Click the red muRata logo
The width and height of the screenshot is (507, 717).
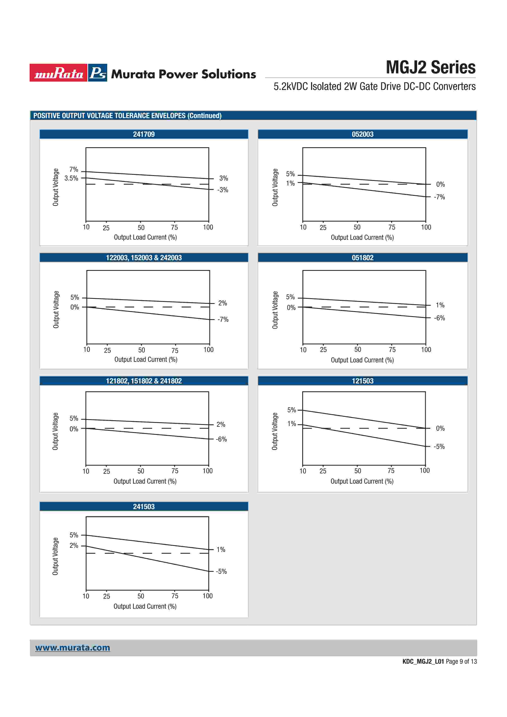click(x=58, y=73)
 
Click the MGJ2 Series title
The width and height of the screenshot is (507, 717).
click(x=431, y=67)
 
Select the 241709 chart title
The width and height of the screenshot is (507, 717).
click(x=144, y=134)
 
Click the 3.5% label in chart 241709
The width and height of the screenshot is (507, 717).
click(x=71, y=178)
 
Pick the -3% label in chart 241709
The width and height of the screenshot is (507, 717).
click(x=223, y=190)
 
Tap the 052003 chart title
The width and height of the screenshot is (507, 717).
click(x=362, y=134)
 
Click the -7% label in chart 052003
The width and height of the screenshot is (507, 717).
click(x=439, y=197)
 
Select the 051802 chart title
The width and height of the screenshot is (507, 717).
click(x=362, y=258)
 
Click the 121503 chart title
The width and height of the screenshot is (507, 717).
click(x=362, y=381)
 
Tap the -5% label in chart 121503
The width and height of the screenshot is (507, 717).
click(x=439, y=447)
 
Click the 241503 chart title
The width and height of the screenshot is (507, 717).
click(x=144, y=506)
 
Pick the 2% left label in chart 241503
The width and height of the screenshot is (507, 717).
click(x=74, y=546)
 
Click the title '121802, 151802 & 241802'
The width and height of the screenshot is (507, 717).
click(x=144, y=381)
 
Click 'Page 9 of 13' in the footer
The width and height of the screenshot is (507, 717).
click(x=461, y=661)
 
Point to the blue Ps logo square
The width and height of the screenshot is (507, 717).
click(x=98, y=73)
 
